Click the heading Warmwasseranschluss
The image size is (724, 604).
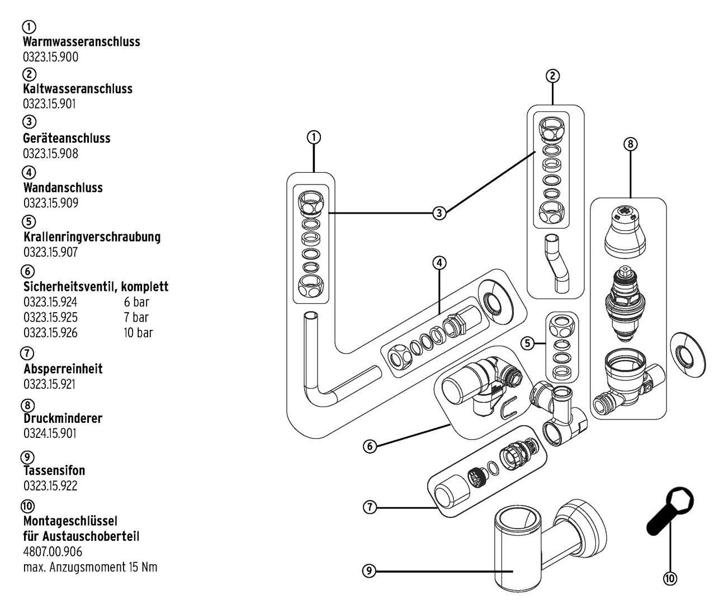pyautogui.click(x=82, y=41)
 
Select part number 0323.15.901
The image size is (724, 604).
pyautogui.click(x=49, y=103)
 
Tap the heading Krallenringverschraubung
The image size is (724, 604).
pyautogui.click(x=92, y=237)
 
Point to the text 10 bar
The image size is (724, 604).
pyautogui.click(x=138, y=333)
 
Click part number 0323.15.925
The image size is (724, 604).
pyautogui.click(x=50, y=317)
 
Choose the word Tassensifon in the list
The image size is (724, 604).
pyautogui.click(x=54, y=470)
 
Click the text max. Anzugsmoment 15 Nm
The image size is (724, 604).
pyautogui.click(x=90, y=567)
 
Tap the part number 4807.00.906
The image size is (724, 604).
pyautogui.click(x=53, y=552)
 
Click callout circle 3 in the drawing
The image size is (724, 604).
pyautogui.click(x=439, y=213)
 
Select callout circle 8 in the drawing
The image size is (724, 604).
pyautogui.click(x=630, y=144)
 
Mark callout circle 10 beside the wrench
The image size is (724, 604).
pyautogui.click(x=669, y=578)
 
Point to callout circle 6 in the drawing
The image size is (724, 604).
pyautogui.click(x=369, y=446)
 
